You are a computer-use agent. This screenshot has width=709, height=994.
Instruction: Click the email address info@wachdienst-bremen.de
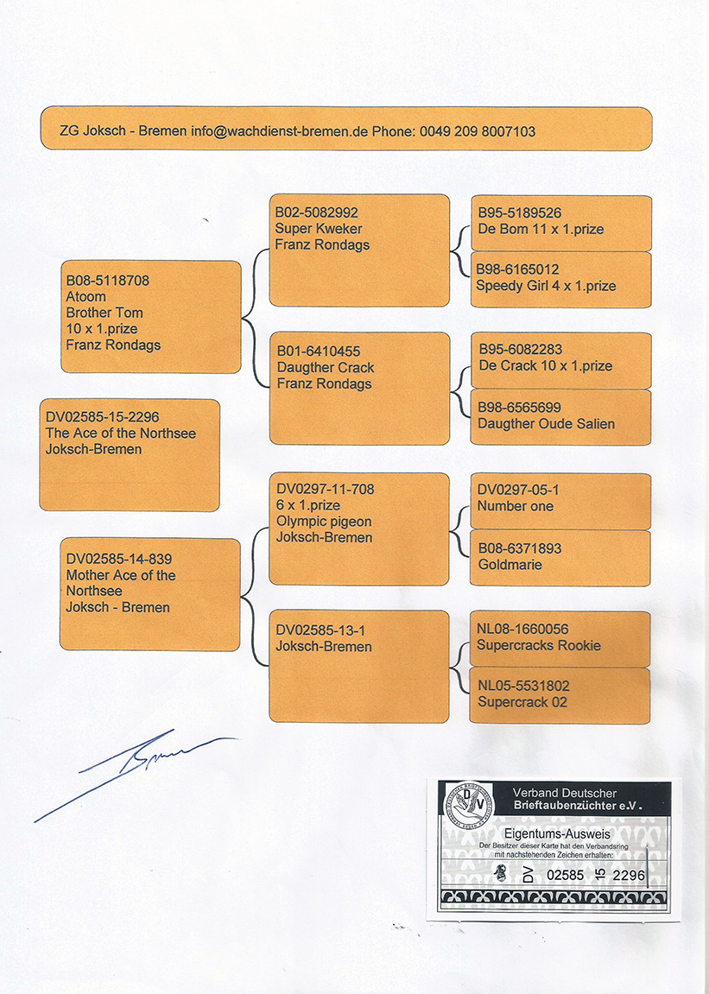[279, 131]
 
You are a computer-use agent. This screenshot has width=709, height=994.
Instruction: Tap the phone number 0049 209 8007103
[478, 131]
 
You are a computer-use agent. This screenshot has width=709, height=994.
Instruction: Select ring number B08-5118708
[108, 280]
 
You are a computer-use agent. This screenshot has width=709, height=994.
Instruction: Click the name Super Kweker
[319, 229]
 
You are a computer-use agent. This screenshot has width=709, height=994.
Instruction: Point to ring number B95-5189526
[519, 213]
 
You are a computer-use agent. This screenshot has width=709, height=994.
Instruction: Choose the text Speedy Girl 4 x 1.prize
[546, 286]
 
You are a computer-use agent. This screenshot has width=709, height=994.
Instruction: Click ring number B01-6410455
[319, 351]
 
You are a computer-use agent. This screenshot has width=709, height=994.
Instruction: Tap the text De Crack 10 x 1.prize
[546, 366]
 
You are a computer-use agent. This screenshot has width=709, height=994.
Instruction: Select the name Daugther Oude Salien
[546, 424]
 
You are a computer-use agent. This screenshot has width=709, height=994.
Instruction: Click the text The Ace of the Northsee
[121, 434]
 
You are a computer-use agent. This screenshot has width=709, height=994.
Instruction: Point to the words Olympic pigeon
[324, 522]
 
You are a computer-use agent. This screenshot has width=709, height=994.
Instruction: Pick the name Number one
[515, 507]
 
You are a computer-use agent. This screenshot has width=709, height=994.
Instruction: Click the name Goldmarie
[510, 565]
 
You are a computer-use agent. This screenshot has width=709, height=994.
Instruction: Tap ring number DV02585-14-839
[119, 559]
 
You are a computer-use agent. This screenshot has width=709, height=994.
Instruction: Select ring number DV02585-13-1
[320, 630]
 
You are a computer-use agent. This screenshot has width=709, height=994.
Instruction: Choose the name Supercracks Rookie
[538, 646]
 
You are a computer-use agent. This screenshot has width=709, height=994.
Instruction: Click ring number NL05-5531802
[523, 686]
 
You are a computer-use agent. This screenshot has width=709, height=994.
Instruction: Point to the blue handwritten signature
[136, 776]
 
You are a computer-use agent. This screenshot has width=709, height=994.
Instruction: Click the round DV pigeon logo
[467, 805]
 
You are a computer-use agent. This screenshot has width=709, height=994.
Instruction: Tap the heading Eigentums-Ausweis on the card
[557, 834]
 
